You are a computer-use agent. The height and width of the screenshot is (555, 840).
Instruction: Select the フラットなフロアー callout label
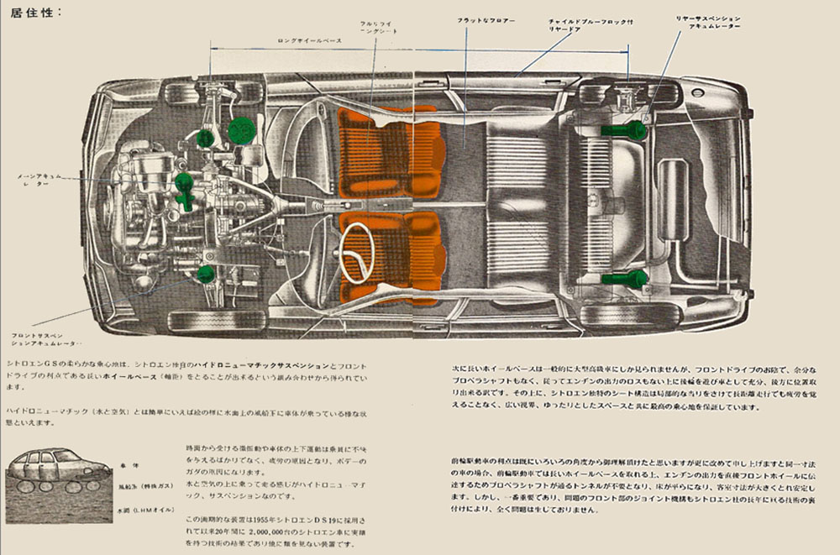(486, 19)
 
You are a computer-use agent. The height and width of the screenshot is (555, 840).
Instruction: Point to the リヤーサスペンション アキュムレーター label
(708, 22)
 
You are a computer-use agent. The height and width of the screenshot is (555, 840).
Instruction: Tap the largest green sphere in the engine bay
(241, 129)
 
